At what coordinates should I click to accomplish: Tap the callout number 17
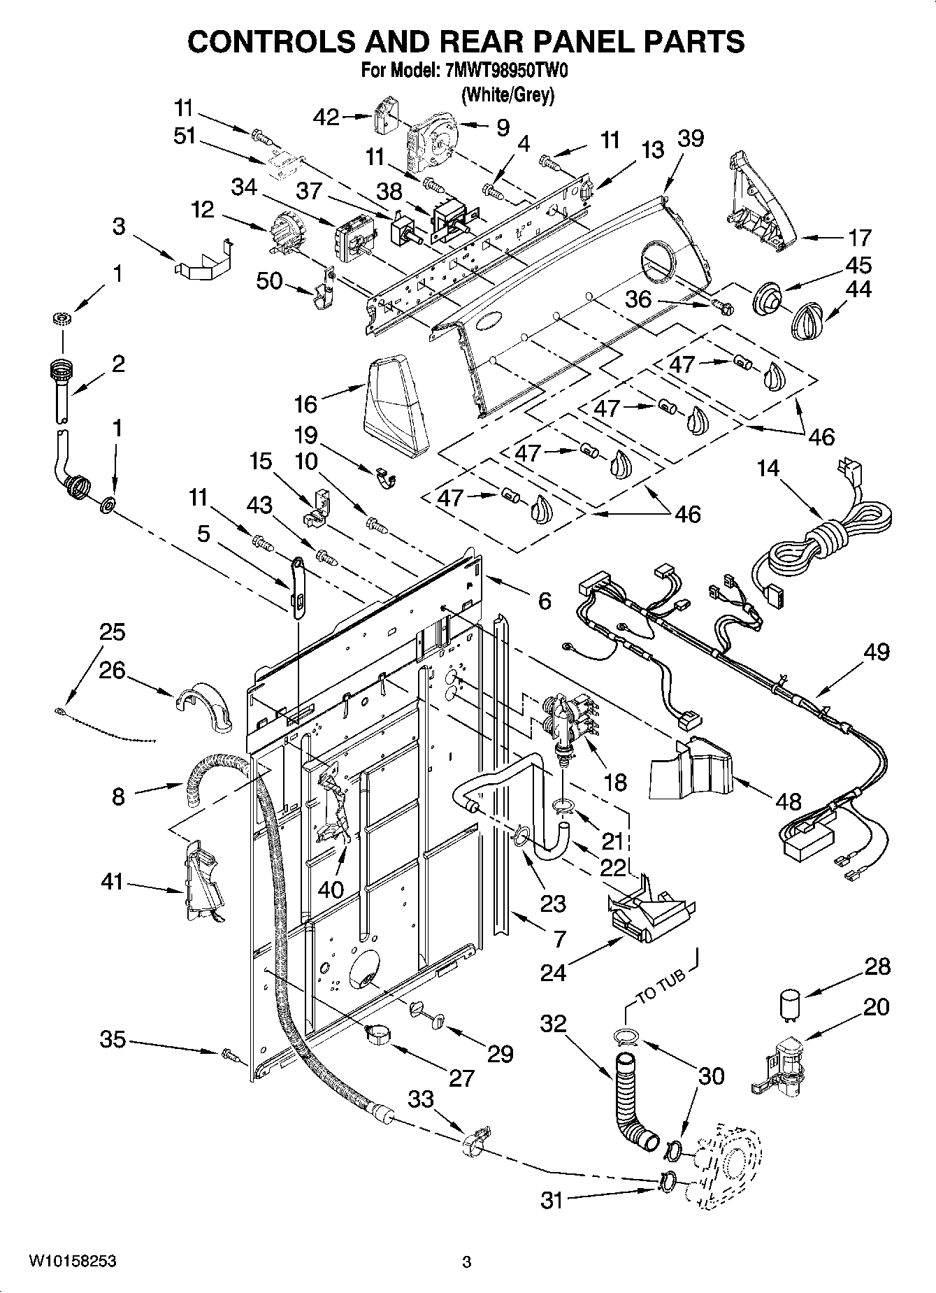pyautogui.click(x=859, y=238)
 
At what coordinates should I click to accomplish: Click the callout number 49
pyautogui.click(x=877, y=652)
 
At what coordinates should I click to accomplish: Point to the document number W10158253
pyautogui.click(x=73, y=1261)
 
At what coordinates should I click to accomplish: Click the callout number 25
pyautogui.click(x=112, y=632)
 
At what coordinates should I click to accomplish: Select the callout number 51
pyautogui.click(x=185, y=136)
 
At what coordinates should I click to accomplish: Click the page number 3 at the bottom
pyautogui.click(x=467, y=1262)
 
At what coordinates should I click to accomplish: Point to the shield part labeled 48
pyautogui.click(x=689, y=766)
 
